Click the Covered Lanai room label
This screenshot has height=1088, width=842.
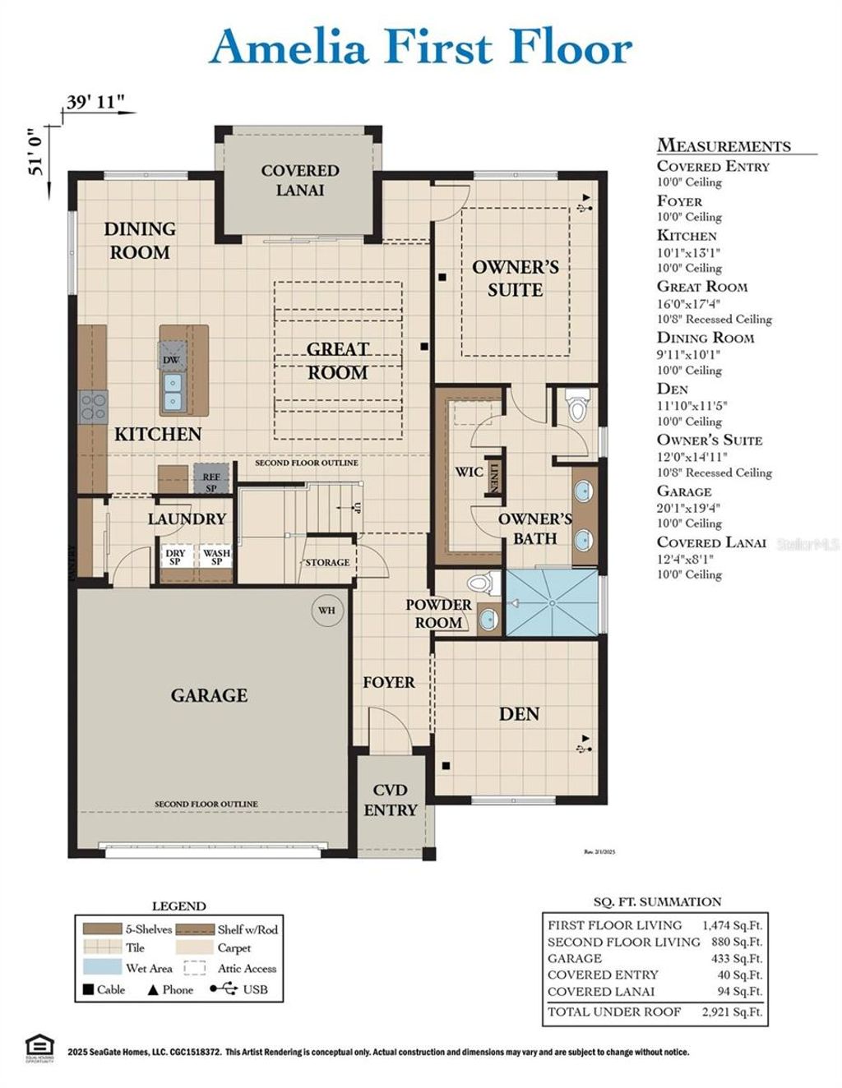point(299,180)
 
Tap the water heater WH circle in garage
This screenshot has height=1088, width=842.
point(326,611)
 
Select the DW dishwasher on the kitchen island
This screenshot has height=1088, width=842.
point(171,360)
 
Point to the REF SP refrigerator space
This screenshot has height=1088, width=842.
point(210,482)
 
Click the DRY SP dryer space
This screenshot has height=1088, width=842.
point(175,557)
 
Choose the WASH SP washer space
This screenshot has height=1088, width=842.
point(217,557)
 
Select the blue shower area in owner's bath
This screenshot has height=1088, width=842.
point(551,602)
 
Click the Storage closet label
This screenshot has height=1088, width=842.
point(327,563)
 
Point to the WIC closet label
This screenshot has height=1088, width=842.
point(469,472)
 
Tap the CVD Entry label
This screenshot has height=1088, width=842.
point(390,800)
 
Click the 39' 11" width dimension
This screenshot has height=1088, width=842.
point(95,102)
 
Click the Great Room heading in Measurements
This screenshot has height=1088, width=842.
point(701,287)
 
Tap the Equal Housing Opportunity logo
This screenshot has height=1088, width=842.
point(39,1049)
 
